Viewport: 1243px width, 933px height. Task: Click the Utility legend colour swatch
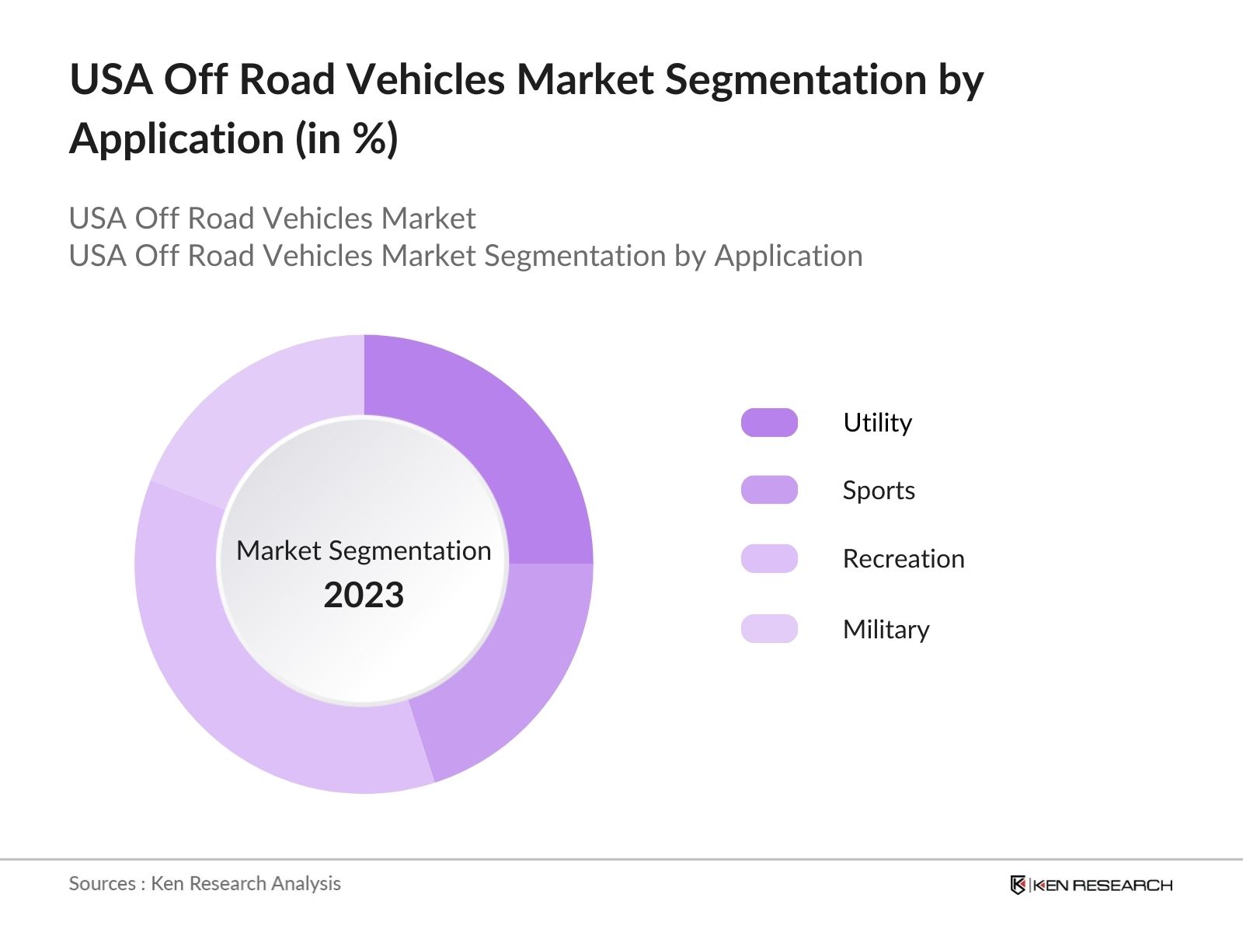[769, 422]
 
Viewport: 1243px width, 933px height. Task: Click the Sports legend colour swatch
[769, 490]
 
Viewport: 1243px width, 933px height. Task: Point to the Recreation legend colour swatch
[769, 558]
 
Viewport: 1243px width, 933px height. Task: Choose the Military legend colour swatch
[769, 628]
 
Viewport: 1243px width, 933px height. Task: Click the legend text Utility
[877, 422]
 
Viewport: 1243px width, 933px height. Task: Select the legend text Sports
[879, 491]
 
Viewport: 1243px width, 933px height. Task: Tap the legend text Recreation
[904, 559]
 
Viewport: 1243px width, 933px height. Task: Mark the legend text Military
[886, 629]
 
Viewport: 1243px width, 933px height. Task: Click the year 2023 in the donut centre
[364, 596]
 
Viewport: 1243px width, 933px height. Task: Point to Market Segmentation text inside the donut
[364, 550]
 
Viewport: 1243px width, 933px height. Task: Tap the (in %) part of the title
[346, 140]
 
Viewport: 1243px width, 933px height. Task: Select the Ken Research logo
[1091, 885]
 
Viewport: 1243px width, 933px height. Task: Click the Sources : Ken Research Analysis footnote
[204, 883]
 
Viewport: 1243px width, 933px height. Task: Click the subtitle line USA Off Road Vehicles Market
[272, 218]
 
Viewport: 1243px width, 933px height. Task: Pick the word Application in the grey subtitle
[788, 256]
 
